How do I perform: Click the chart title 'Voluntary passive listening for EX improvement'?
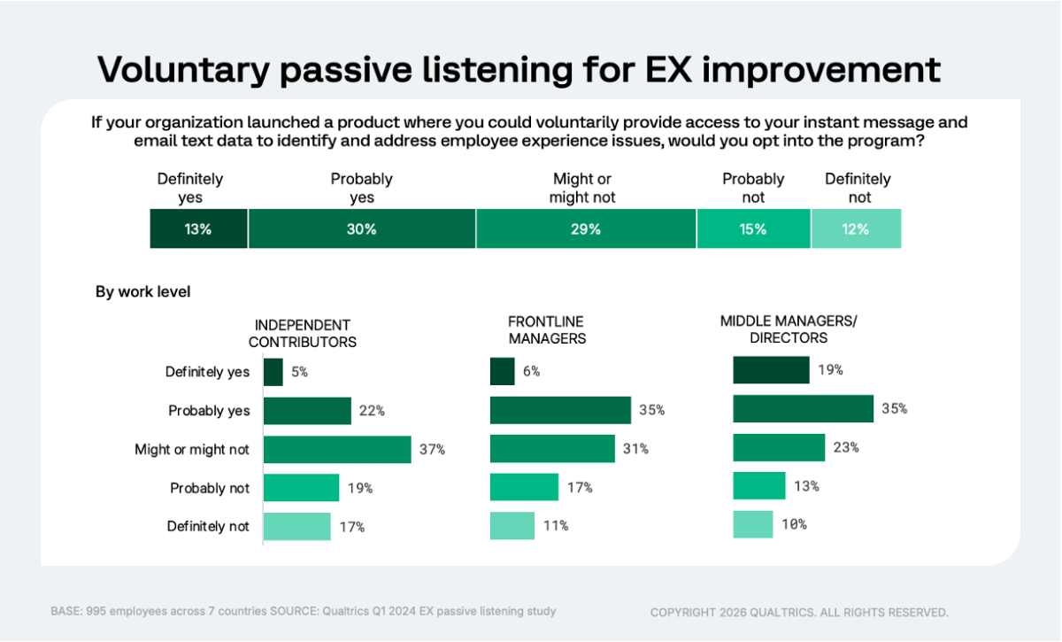(x=518, y=69)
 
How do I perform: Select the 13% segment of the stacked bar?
(x=199, y=229)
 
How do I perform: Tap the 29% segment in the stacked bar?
(x=586, y=229)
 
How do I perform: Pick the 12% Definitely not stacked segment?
(x=856, y=229)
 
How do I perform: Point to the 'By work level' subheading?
(x=142, y=291)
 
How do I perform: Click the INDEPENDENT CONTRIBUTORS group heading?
(x=302, y=333)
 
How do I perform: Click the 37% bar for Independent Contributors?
(x=337, y=449)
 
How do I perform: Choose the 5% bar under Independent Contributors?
(x=273, y=372)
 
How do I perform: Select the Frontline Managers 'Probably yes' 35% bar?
(x=560, y=410)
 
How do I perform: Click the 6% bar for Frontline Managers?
(x=503, y=372)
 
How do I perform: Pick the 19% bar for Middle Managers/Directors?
(x=771, y=370)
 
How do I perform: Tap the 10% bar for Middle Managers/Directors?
(x=753, y=524)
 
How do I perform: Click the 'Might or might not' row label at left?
(x=192, y=450)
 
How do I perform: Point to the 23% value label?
(x=846, y=448)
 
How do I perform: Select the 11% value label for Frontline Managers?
(x=555, y=526)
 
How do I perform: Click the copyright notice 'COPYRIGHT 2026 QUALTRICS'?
(x=799, y=612)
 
